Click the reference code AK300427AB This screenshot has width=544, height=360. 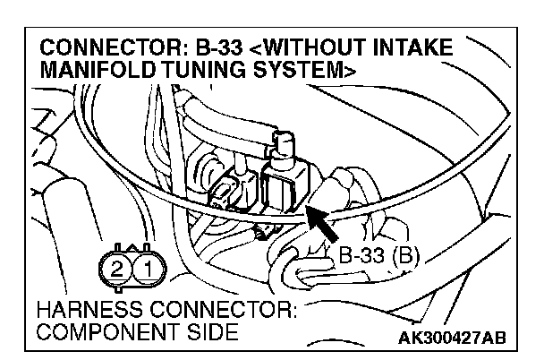[x=452, y=337]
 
